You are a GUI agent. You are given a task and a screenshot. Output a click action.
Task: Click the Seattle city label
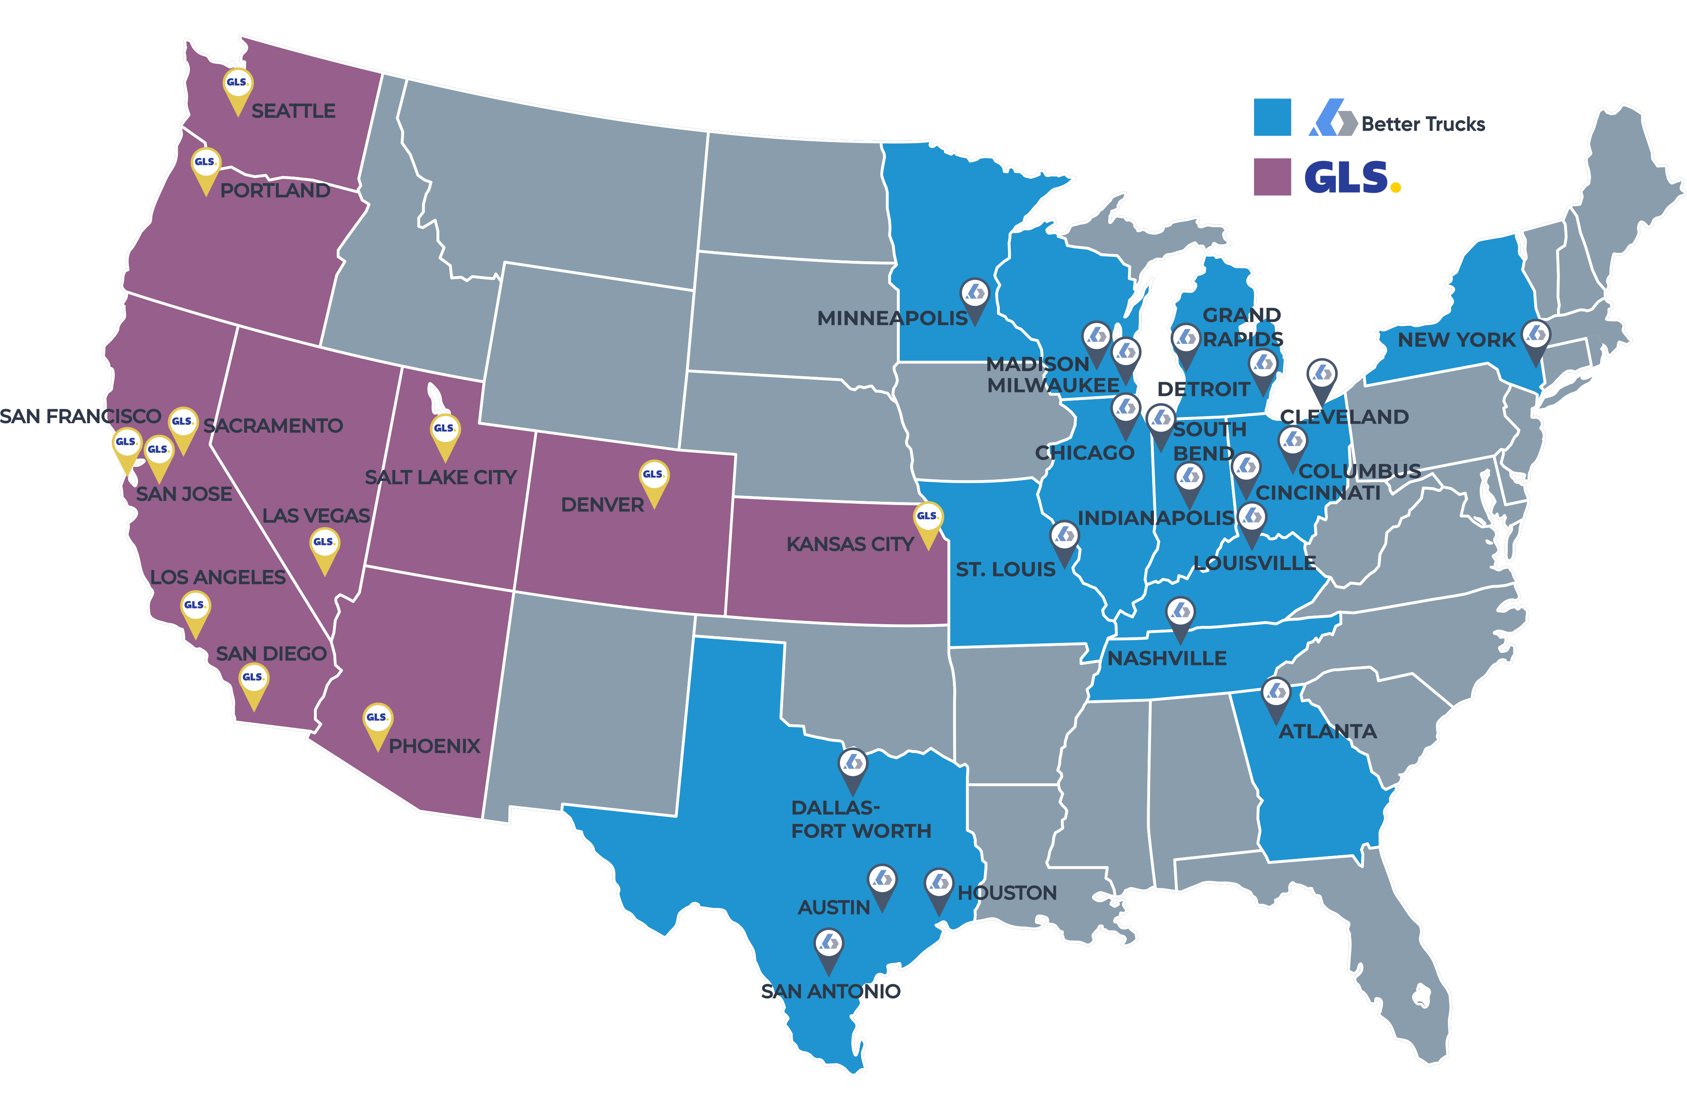coord(294,111)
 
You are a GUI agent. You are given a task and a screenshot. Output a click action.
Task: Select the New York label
coord(1456,340)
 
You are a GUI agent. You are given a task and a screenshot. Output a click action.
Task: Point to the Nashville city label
coord(1167,659)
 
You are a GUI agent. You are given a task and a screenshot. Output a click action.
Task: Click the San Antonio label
coord(831,991)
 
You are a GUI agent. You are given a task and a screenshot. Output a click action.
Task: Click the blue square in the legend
coord(1272,117)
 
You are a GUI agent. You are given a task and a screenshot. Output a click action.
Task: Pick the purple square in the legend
coord(1272,177)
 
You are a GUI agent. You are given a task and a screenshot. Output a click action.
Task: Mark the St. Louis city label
coord(1005,569)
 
